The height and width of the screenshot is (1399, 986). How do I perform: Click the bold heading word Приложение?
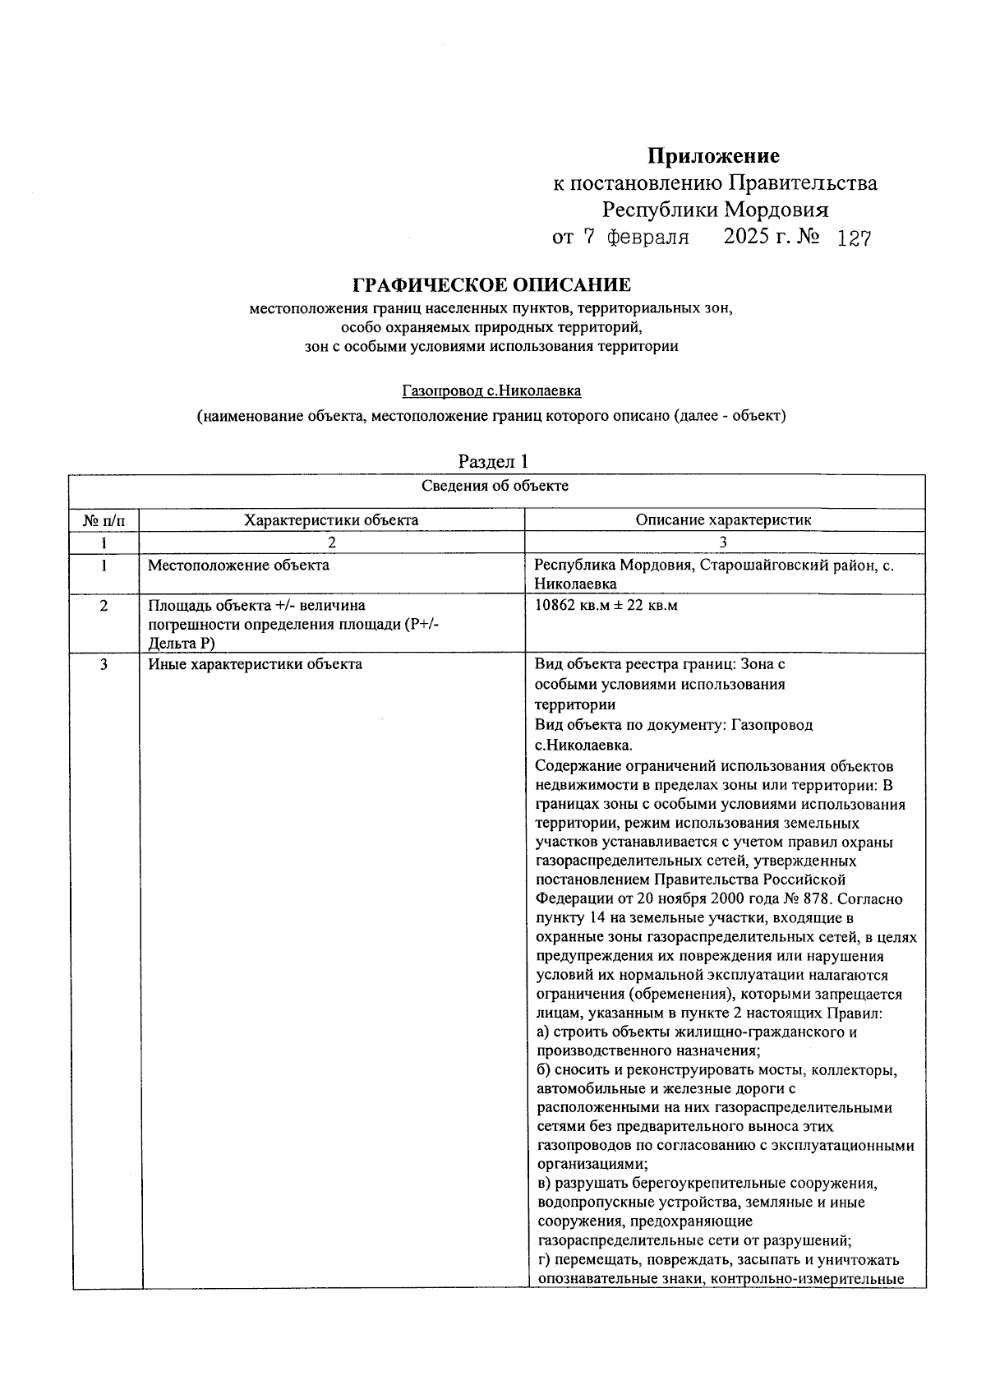(713, 155)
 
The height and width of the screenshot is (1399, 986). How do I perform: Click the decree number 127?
(853, 238)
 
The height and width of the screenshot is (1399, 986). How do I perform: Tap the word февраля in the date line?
(647, 238)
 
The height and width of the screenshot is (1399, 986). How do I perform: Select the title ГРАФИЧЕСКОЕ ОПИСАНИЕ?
(491, 285)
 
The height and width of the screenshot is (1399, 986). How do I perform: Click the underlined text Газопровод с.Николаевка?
(491, 391)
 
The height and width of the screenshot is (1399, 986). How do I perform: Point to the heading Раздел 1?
(493, 461)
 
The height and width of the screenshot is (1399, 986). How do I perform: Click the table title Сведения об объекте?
(495, 486)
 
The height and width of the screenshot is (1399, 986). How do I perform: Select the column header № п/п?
(104, 520)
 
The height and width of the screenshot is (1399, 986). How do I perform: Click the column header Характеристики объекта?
(331, 520)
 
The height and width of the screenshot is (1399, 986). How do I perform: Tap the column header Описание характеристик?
(723, 520)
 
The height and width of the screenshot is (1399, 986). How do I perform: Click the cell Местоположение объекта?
(238, 566)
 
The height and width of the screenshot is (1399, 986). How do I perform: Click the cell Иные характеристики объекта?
(255, 664)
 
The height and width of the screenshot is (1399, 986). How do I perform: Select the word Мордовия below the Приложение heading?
(776, 210)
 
